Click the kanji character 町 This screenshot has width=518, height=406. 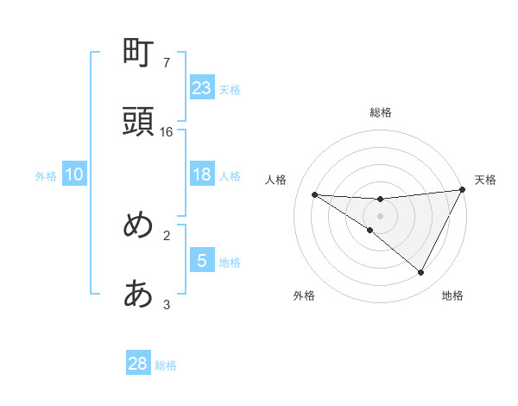[139, 54]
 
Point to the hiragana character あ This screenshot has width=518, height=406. [139, 295]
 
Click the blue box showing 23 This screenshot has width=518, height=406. [202, 87]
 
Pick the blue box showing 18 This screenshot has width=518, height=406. [202, 174]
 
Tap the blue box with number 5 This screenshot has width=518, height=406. [202, 261]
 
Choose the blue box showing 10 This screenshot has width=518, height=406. [74, 174]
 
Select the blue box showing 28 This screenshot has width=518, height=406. [138, 364]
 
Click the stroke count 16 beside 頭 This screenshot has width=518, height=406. [167, 131]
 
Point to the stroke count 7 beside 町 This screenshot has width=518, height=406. [167, 62]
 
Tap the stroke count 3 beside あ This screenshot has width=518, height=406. [167, 304]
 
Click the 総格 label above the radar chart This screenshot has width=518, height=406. [381, 112]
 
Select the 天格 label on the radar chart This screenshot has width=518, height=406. [486, 180]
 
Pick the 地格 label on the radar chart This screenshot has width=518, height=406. [452, 295]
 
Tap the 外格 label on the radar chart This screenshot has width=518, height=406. [304, 295]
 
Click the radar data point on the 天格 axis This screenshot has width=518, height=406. [463, 190]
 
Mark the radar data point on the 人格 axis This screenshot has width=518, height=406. [314, 194]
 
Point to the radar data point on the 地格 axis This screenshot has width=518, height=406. [421, 272]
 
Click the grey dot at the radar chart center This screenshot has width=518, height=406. [381, 216]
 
